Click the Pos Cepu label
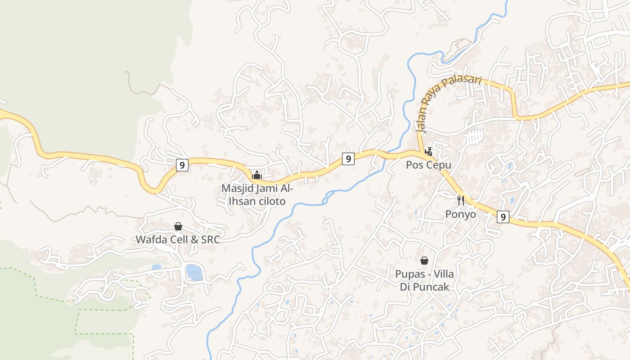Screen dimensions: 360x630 [x=428, y=165]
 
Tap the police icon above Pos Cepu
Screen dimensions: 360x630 [x=428, y=152]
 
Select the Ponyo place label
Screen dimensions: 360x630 [x=461, y=214]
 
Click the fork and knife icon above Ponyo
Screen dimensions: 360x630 [x=461, y=200]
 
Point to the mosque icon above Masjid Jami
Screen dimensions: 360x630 [x=257, y=175]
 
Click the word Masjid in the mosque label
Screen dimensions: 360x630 [x=237, y=188]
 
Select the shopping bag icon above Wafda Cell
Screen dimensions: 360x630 [x=178, y=226]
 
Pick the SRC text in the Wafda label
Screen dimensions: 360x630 [x=210, y=239]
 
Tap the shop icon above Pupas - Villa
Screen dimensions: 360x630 [x=424, y=260]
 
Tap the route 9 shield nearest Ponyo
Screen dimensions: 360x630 [x=503, y=217]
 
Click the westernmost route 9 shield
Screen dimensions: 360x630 [x=182, y=165]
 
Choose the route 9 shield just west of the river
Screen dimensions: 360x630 [x=348, y=158]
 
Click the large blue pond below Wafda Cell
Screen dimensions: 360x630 [x=194, y=272]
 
